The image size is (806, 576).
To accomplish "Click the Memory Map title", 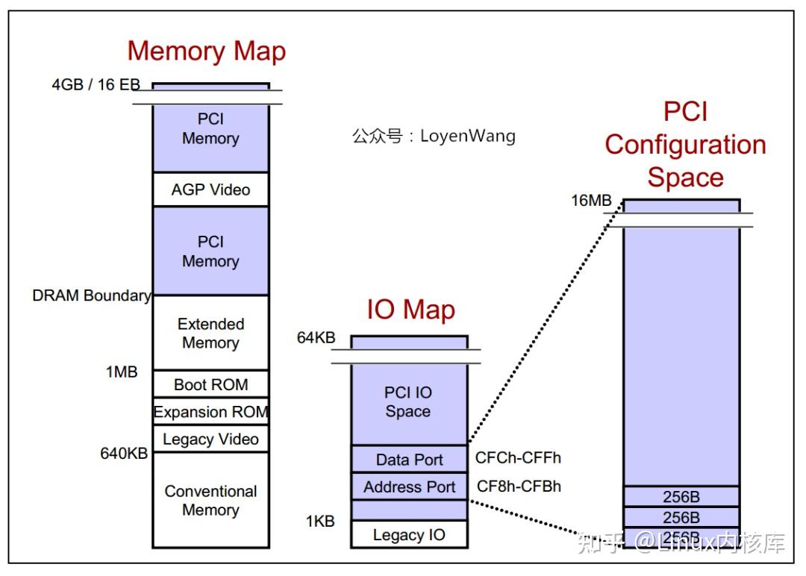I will pyautogui.click(x=207, y=51).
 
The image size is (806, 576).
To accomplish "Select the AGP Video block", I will pyautogui.click(x=210, y=190).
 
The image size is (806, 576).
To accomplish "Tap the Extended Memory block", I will pyautogui.click(x=210, y=334).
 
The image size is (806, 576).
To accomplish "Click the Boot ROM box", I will pyautogui.click(x=210, y=385).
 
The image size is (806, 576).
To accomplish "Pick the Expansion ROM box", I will pyautogui.click(x=210, y=412).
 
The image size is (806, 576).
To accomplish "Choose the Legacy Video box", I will pyautogui.click(x=210, y=439).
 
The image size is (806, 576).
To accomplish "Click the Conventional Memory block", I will pyautogui.click(x=210, y=501).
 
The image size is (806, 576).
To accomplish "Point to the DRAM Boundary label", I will pyautogui.click(x=91, y=295).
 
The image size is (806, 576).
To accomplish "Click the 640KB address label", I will pyautogui.click(x=124, y=453).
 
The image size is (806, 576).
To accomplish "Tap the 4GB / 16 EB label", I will pyautogui.click(x=96, y=84).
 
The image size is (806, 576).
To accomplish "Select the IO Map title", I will pyautogui.click(x=410, y=309).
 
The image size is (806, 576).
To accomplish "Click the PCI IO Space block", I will pyautogui.click(x=408, y=402).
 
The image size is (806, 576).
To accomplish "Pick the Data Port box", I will pyautogui.click(x=409, y=460).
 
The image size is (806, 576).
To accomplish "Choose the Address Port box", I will pyautogui.click(x=409, y=487).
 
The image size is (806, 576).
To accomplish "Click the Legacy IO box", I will pyautogui.click(x=409, y=535).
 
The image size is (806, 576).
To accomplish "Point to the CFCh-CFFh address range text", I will pyautogui.click(x=518, y=458).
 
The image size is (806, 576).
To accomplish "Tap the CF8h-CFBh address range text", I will pyautogui.click(x=519, y=486).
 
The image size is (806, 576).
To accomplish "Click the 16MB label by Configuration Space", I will pyautogui.click(x=591, y=200).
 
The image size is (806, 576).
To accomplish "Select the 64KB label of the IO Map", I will pyautogui.click(x=316, y=337).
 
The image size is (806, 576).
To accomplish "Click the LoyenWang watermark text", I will pyautogui.click(x=434, y=136).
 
